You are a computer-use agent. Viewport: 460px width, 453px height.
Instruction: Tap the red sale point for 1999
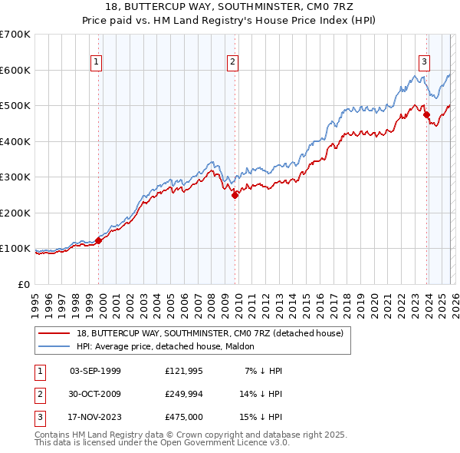click(99, 240)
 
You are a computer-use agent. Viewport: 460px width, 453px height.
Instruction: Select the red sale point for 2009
click(235, 195)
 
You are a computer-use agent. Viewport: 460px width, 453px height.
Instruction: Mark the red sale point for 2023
click(426, 115)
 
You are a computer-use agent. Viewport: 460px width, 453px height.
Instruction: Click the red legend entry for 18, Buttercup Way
click(214, 332)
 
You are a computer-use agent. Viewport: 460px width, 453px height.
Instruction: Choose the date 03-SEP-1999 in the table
click(95, 371)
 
